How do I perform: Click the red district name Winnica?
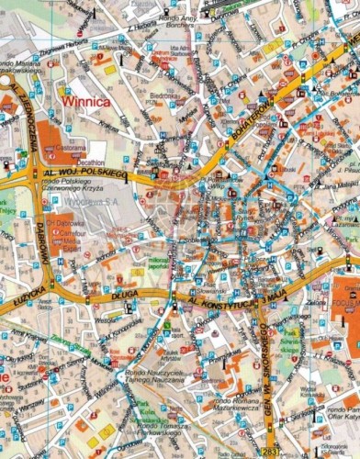coord(84,103)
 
